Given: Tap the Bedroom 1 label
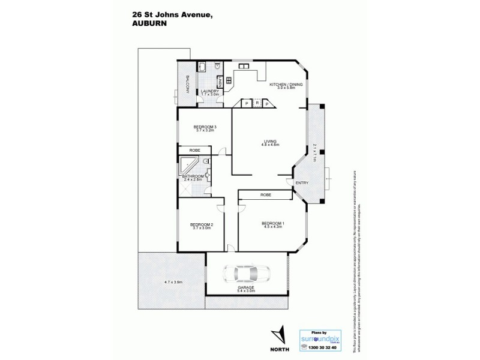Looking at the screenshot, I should (x=272, y=224).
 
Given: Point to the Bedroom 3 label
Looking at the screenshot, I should (x=205, y=127).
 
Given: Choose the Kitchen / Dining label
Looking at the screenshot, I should (x=286, y=85).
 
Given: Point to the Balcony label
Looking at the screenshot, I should (x=187, y=86).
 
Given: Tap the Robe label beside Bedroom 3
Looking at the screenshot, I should (x=194, y=149).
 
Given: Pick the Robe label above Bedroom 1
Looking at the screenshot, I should (x=265, y=196).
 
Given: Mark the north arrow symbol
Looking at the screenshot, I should (x=278, y=333).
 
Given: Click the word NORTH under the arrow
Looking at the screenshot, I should (x=278, y=348).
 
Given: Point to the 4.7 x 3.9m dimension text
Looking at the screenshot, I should (x=173, y=282).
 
